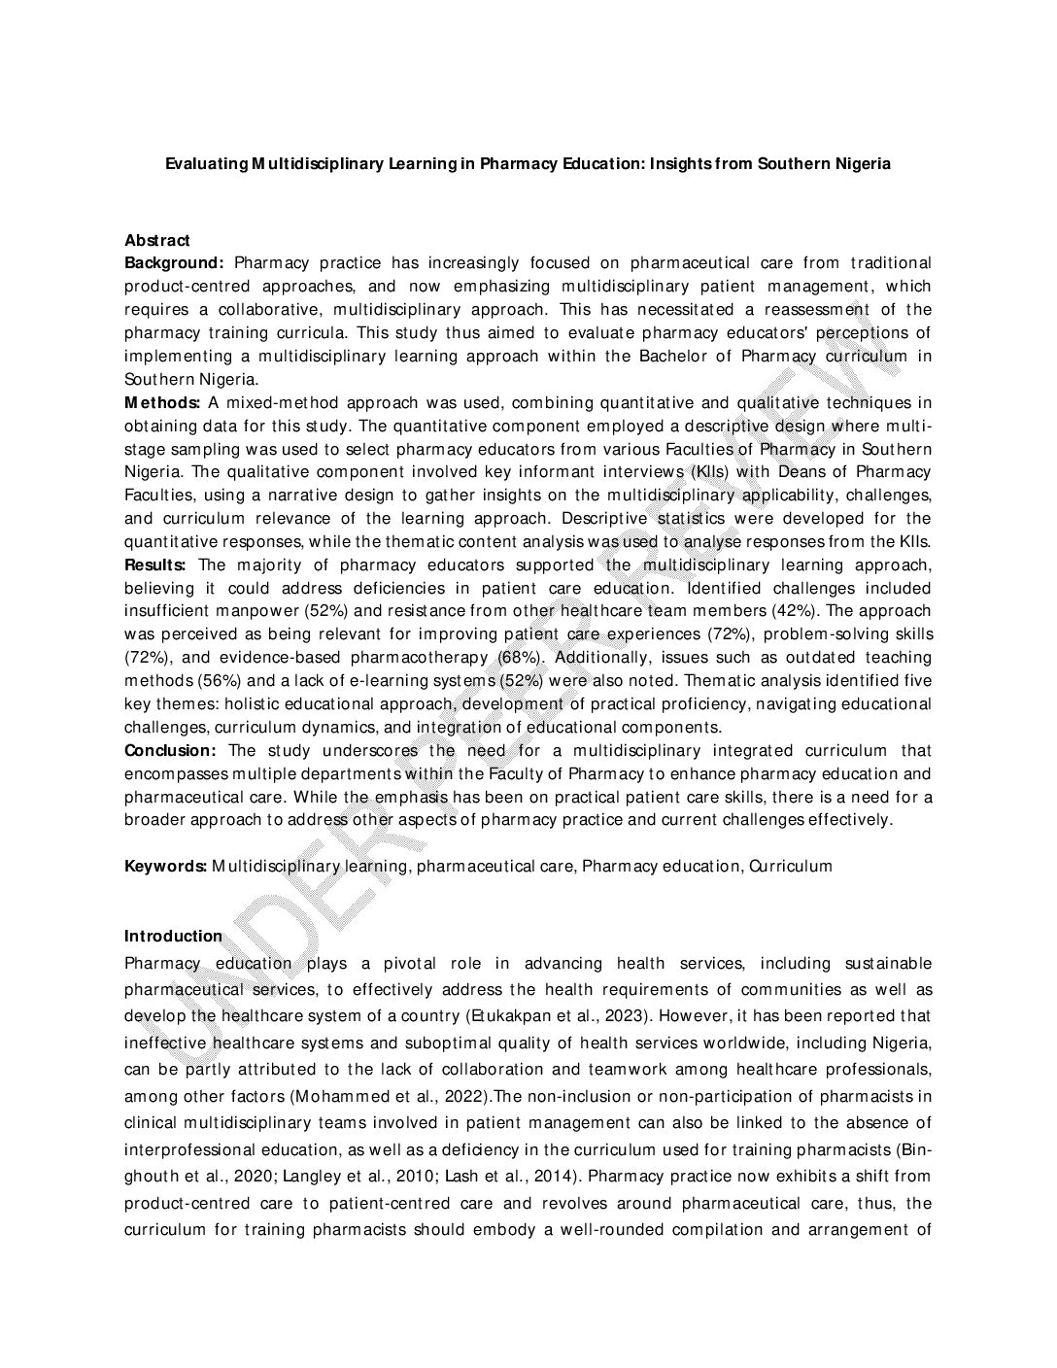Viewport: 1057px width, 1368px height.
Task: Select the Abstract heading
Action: pos(157,240)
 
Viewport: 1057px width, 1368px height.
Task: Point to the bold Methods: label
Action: pos(162,402)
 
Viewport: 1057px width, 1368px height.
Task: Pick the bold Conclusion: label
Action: pos(170,750)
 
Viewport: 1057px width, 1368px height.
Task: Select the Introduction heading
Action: pos(173,936)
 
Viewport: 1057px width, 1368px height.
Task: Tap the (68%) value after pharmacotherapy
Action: pos(520,658)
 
